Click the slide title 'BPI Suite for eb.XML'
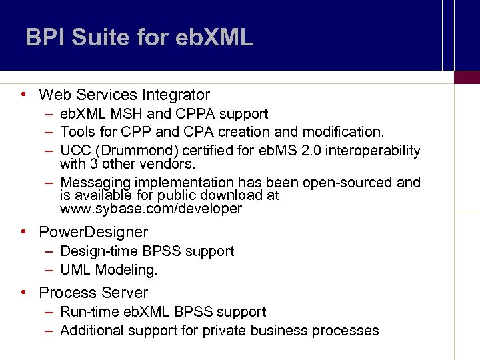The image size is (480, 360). [139, 37]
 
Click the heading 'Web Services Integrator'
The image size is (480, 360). [124, 95]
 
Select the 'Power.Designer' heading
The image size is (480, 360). [93, 233]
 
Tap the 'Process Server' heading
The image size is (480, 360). [93, 293]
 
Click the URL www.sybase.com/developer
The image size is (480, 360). [151, 209]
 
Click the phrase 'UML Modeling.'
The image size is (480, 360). [109, 270]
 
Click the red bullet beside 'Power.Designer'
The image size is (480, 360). [23, 232]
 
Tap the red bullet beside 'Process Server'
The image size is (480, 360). [23, 292]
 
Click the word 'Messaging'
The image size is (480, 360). [95, 183]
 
